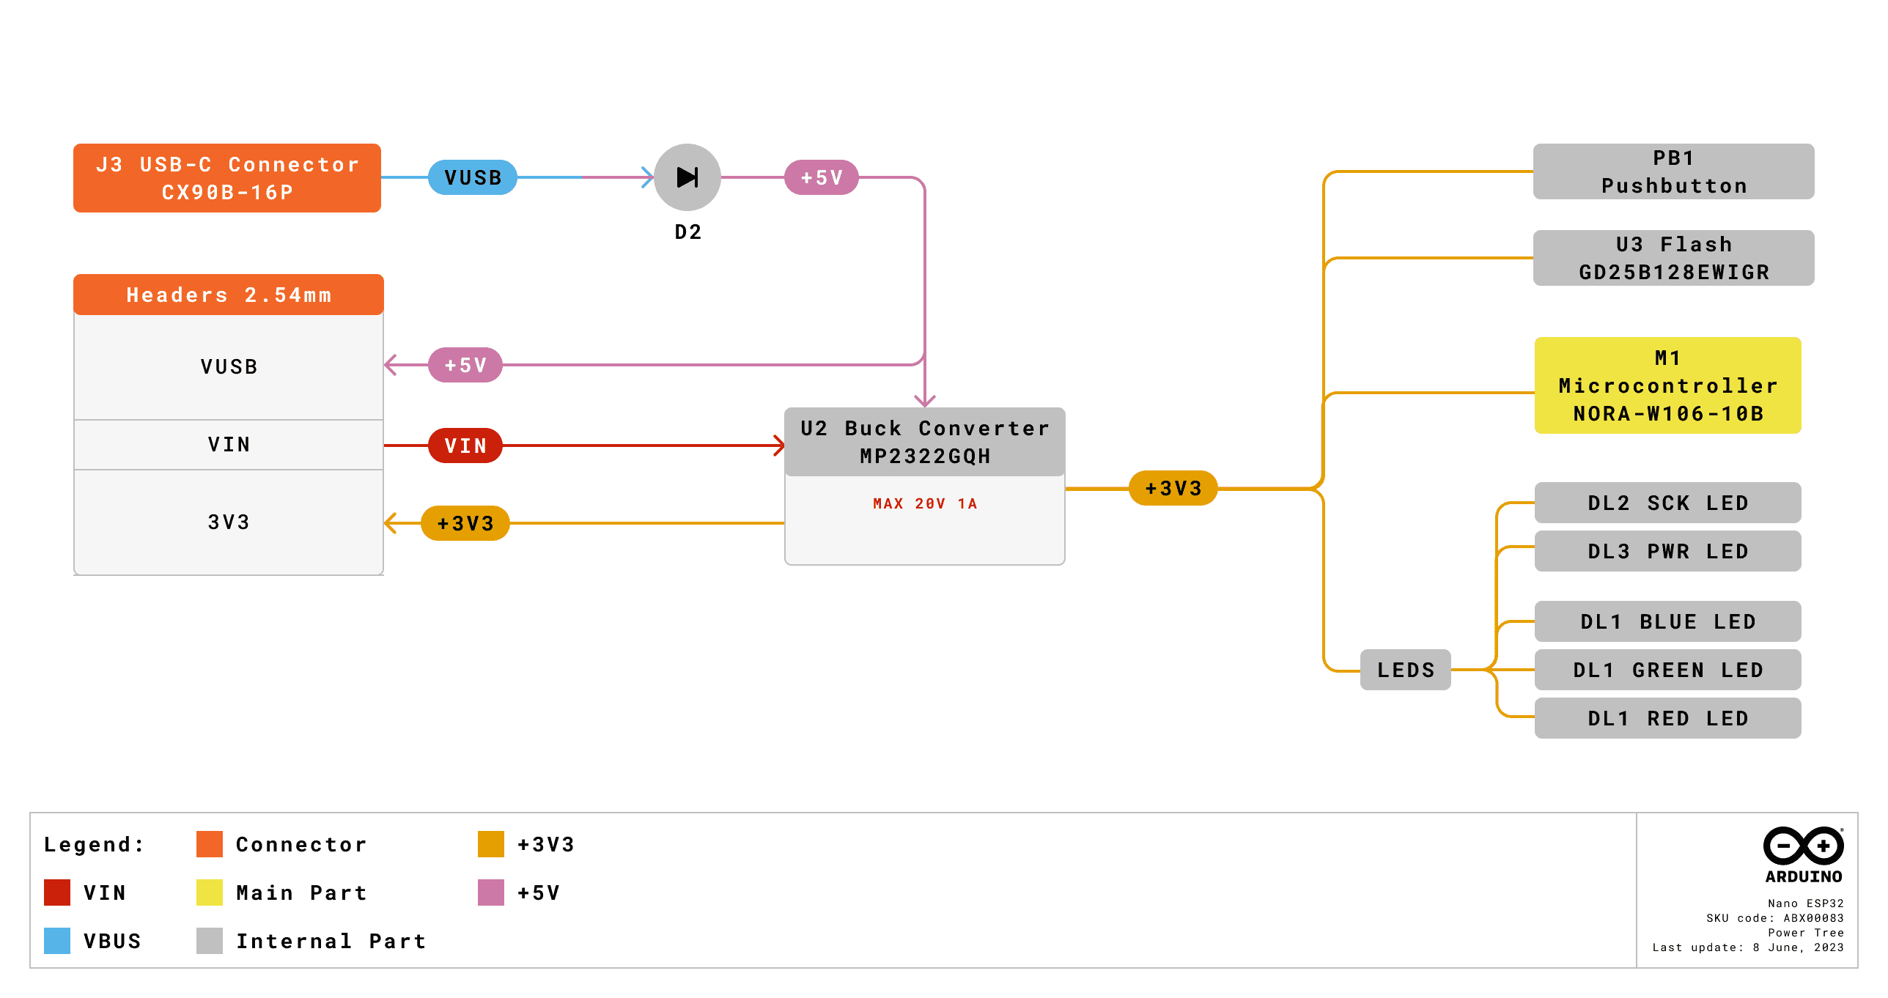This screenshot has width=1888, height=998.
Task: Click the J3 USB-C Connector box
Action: (x=226, y=178)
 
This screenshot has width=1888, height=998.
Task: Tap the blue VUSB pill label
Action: (x=473, y=177)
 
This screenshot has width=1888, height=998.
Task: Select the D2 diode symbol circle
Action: (x=687, y=177)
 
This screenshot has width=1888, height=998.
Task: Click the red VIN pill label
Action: (x=465, y=446)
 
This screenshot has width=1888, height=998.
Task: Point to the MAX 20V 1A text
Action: (x=924, y=503)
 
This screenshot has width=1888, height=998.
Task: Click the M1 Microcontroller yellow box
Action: (x=1667, y=385)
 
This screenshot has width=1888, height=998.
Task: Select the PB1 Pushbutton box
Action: (x=1673, y=171)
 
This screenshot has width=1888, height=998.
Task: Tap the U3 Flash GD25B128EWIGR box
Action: (x=1673, y=258)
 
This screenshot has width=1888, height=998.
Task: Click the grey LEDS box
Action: (x=1405, y=670)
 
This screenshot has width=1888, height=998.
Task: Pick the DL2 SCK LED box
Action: (x=1667, y=503)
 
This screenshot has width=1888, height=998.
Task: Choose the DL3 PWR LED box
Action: (x=1667, y=551)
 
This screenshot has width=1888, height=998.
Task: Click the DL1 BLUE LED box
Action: (x=1667, y=621)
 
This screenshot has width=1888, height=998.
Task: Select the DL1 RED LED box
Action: (x=1667, y=718)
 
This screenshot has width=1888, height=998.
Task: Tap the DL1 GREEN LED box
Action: (x=1667, y=670)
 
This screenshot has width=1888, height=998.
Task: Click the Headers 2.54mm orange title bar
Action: (x=228, y=295)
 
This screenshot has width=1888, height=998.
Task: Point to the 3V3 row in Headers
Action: (x=228, y=522)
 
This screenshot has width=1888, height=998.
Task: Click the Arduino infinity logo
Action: (x=1803, y=846)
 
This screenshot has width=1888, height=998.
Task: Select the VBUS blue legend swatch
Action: (x=57, y=941)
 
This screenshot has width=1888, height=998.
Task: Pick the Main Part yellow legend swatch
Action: (x=210, y=892)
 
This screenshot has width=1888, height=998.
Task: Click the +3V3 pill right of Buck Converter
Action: (x=1173, y=488)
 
